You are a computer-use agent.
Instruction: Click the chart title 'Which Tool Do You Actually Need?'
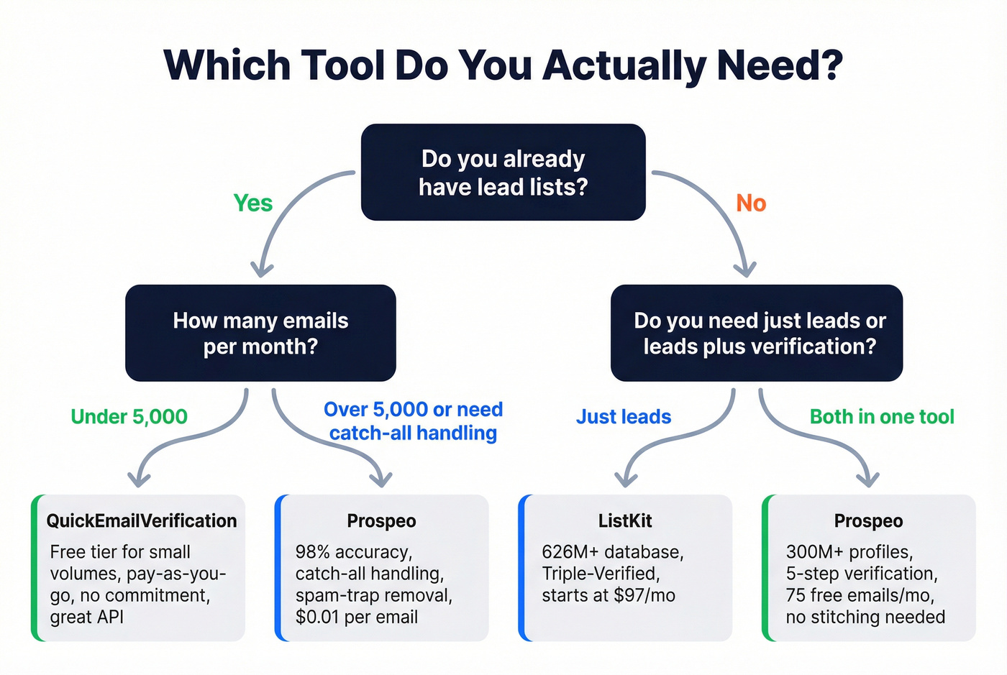503,65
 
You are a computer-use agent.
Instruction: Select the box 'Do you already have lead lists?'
503,173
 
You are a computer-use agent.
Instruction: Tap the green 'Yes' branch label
252,203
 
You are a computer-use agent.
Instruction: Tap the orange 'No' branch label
751,203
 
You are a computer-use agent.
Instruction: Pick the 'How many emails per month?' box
260,333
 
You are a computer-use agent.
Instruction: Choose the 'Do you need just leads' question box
757,333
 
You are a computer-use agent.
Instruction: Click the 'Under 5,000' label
129,417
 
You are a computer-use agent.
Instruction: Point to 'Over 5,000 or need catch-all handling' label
413,421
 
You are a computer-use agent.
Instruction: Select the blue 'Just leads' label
624,417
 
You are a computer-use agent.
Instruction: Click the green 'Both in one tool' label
882,417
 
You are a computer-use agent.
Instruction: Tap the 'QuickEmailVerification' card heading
142,521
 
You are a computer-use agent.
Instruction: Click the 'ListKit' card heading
625,521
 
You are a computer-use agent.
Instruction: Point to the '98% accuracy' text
353,552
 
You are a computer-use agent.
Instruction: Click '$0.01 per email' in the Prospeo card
356,617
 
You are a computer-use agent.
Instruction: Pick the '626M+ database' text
612,552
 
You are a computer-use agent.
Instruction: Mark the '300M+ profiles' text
849,552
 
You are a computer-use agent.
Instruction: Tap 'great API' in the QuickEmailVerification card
86,617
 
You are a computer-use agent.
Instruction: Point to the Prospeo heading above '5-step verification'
868,521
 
